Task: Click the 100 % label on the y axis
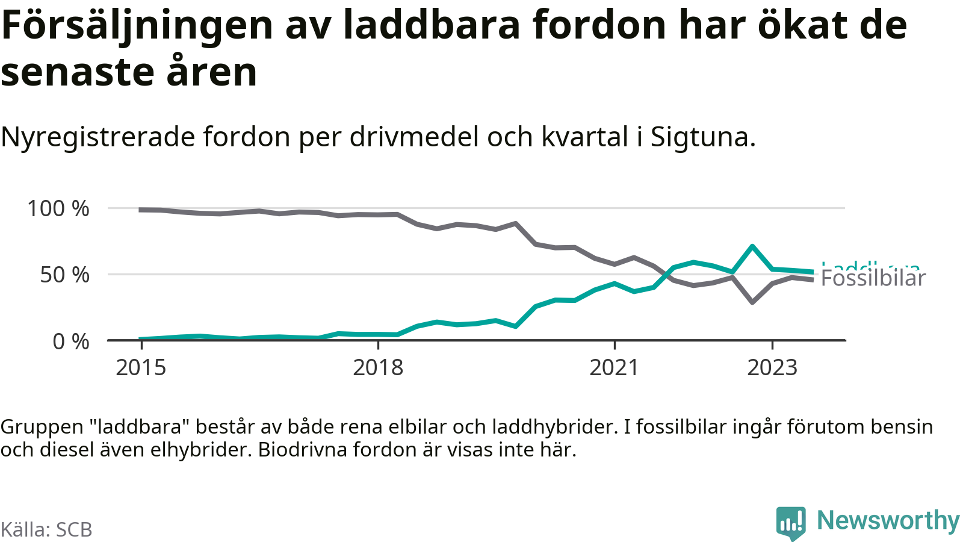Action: coord(58,209)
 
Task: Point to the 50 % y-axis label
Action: coord(64,275)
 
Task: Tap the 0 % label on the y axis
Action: coord(70,341)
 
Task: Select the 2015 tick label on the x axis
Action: coord(141,367)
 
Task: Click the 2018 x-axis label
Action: coord(378,367)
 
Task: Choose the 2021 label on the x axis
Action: coord(614,367)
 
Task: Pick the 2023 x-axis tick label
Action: coord(772,367)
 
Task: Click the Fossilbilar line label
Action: coord(873,279)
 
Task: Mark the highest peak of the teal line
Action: coord(752,246)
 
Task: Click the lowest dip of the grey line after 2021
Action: coord(752,302)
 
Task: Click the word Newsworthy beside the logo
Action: coord(888,520)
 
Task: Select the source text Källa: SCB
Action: coord(46,530)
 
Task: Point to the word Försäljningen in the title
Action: coord(137,25)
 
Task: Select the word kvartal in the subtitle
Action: coord(585,137)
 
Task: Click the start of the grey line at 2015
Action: coord(141,210)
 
